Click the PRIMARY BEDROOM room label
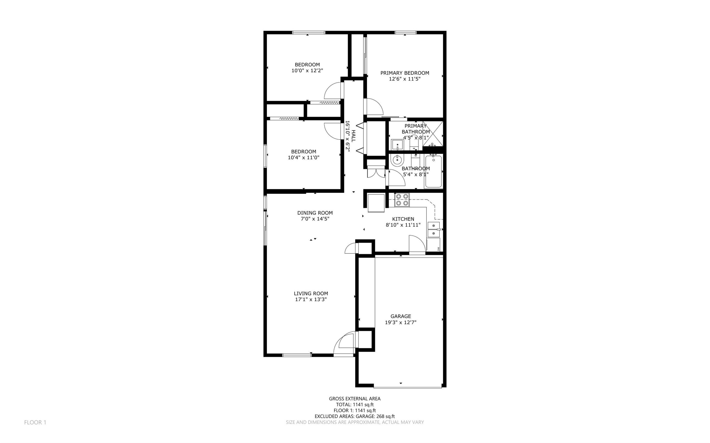405,73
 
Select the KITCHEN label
403,219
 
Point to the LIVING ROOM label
311,293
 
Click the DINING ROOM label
315,213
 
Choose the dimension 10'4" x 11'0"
304,158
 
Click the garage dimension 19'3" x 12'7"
401,322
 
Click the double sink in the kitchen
434,229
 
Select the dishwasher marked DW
433,245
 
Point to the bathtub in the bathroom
433,171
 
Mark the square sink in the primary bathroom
397,144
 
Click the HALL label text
353,136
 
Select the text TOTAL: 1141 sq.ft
355,405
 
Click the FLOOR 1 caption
35,422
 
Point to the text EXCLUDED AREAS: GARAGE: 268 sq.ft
355,416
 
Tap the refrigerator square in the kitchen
376,203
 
